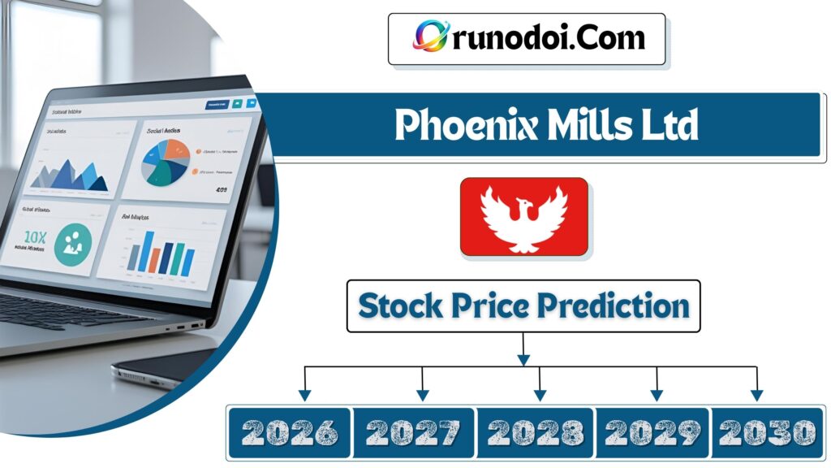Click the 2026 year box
pos(289,431)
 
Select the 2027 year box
pos(414,431)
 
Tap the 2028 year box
pos(536,431)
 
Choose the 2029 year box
pos(653,431)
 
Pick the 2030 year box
pos(766,431)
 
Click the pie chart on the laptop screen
pos(166,160)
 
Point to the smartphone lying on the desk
pos(162,370)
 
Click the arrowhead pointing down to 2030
pos(756,396)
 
